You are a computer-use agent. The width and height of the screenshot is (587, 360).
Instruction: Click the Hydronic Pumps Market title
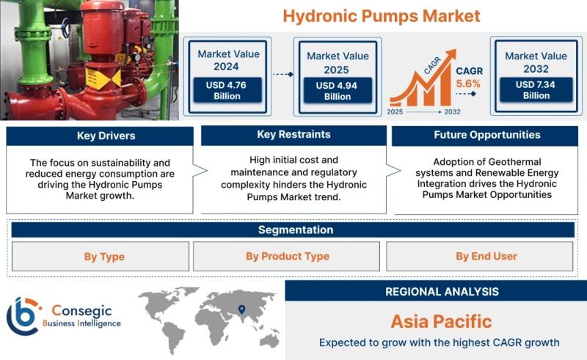coord(381,16)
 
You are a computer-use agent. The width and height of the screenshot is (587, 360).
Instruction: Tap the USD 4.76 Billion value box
coord(227,90)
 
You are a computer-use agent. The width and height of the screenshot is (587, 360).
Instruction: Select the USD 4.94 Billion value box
coord(338,91)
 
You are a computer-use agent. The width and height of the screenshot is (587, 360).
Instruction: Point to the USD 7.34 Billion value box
coord(536,89)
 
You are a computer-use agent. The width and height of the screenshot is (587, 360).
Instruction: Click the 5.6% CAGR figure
coord(468,84)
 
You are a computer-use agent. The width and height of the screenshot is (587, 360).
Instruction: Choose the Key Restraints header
coord(294,135)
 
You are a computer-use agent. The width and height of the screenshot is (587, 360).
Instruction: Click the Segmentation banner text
coord(296,229)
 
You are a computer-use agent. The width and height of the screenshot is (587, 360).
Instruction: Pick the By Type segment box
coord(101,257)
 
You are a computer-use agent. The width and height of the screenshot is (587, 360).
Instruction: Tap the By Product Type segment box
coord(286,257)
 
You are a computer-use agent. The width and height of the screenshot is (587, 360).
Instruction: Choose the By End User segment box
coord(480,257)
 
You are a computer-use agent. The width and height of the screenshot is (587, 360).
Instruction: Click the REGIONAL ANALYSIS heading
coord(442,292)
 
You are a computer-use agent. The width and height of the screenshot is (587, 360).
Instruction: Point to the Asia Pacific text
coord(442,321)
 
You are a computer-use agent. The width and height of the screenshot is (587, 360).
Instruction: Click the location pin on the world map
coord(242,309)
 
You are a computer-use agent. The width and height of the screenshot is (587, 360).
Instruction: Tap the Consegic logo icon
coord(23,316)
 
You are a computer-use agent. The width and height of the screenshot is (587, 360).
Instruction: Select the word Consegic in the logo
coord(81,310)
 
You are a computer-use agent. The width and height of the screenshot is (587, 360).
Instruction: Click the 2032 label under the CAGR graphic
coord(452,112)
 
